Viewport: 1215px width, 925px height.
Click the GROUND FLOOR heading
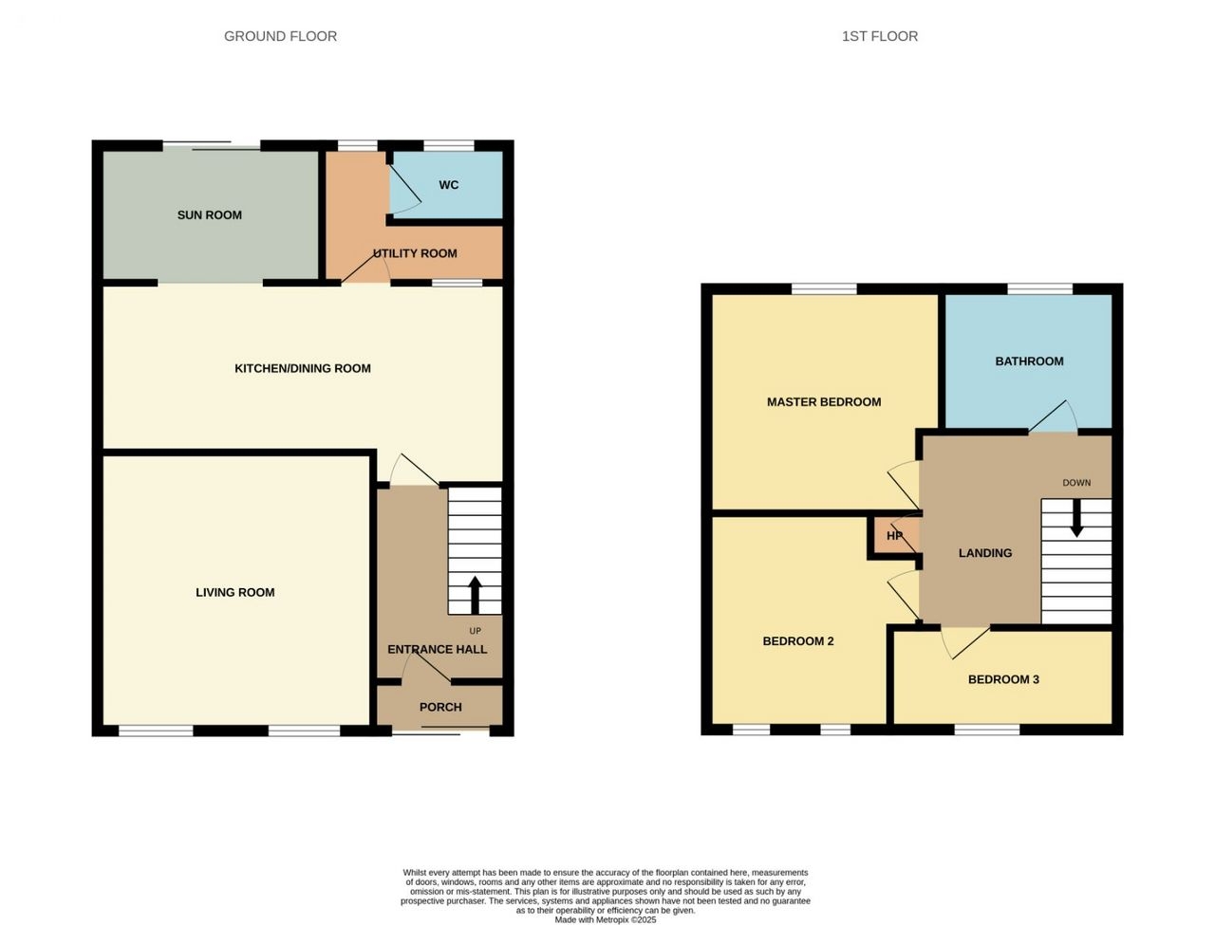coord(280,36)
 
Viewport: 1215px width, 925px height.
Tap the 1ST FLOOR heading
coord(880,36)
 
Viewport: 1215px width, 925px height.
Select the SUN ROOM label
coord(209,215)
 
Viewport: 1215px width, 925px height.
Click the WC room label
coord(448,185)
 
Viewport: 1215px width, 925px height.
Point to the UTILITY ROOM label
coord(415,253)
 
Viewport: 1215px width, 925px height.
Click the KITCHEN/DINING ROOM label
coord(303,368)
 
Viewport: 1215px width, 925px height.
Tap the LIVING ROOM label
coord(235,593)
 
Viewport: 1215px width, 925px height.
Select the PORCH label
coord(440,707)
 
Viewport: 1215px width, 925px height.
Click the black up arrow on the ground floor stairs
coord(475,595)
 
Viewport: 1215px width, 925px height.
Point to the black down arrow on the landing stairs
coord(1076,518)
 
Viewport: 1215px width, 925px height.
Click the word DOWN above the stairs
coord(1076,483)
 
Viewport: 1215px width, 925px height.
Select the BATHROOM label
coord(1029,361)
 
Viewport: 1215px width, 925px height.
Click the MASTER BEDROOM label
coord(824,402)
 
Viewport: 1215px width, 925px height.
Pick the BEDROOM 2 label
coord(797,641)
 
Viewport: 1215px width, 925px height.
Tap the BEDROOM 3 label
coord(1003,679)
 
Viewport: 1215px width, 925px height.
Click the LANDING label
coord(985,553)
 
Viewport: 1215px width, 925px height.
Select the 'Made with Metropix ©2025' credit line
coord(606,920)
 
